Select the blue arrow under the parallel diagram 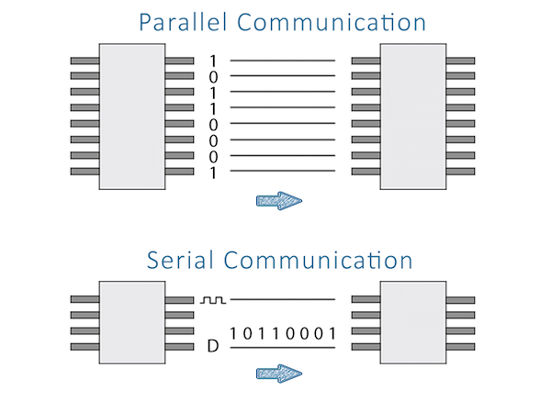tap(279, 201)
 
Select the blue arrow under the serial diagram tap(279, 373)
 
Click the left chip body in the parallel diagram tap(132, 116)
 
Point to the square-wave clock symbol tap(213, 299)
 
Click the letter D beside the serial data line tap(213, 347)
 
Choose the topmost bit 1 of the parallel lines tap(213, 61)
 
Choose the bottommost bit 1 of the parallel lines tap(213, 172)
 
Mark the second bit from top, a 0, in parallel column tap(213, 76)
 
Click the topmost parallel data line tap(282, 61)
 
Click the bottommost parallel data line tap(282, 172)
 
